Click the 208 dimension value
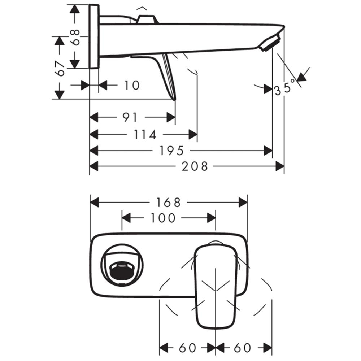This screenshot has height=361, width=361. coord(195,166)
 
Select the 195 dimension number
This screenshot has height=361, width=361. coord(171,151)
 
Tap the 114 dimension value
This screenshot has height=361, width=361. coord(145,134)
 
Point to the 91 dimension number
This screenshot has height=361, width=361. coord(130,117)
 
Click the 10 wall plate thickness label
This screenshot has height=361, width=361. coord(132,86)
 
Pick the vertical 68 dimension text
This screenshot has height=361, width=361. coord(75,37)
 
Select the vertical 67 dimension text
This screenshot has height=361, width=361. coord(60,68)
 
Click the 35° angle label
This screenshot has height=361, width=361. coord(285,87)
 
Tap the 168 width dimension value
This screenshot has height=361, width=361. coord(168,203)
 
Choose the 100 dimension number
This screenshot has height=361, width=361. coord(163,218)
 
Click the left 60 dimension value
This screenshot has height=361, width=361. coord(187,348)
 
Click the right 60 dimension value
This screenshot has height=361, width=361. coord(243,348)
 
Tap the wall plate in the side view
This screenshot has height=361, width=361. coord(94,36)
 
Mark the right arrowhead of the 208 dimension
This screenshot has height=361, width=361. coord(280,166)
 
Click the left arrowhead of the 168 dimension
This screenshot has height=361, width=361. coord(95,203)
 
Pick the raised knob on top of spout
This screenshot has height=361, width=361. coord(148,19)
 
